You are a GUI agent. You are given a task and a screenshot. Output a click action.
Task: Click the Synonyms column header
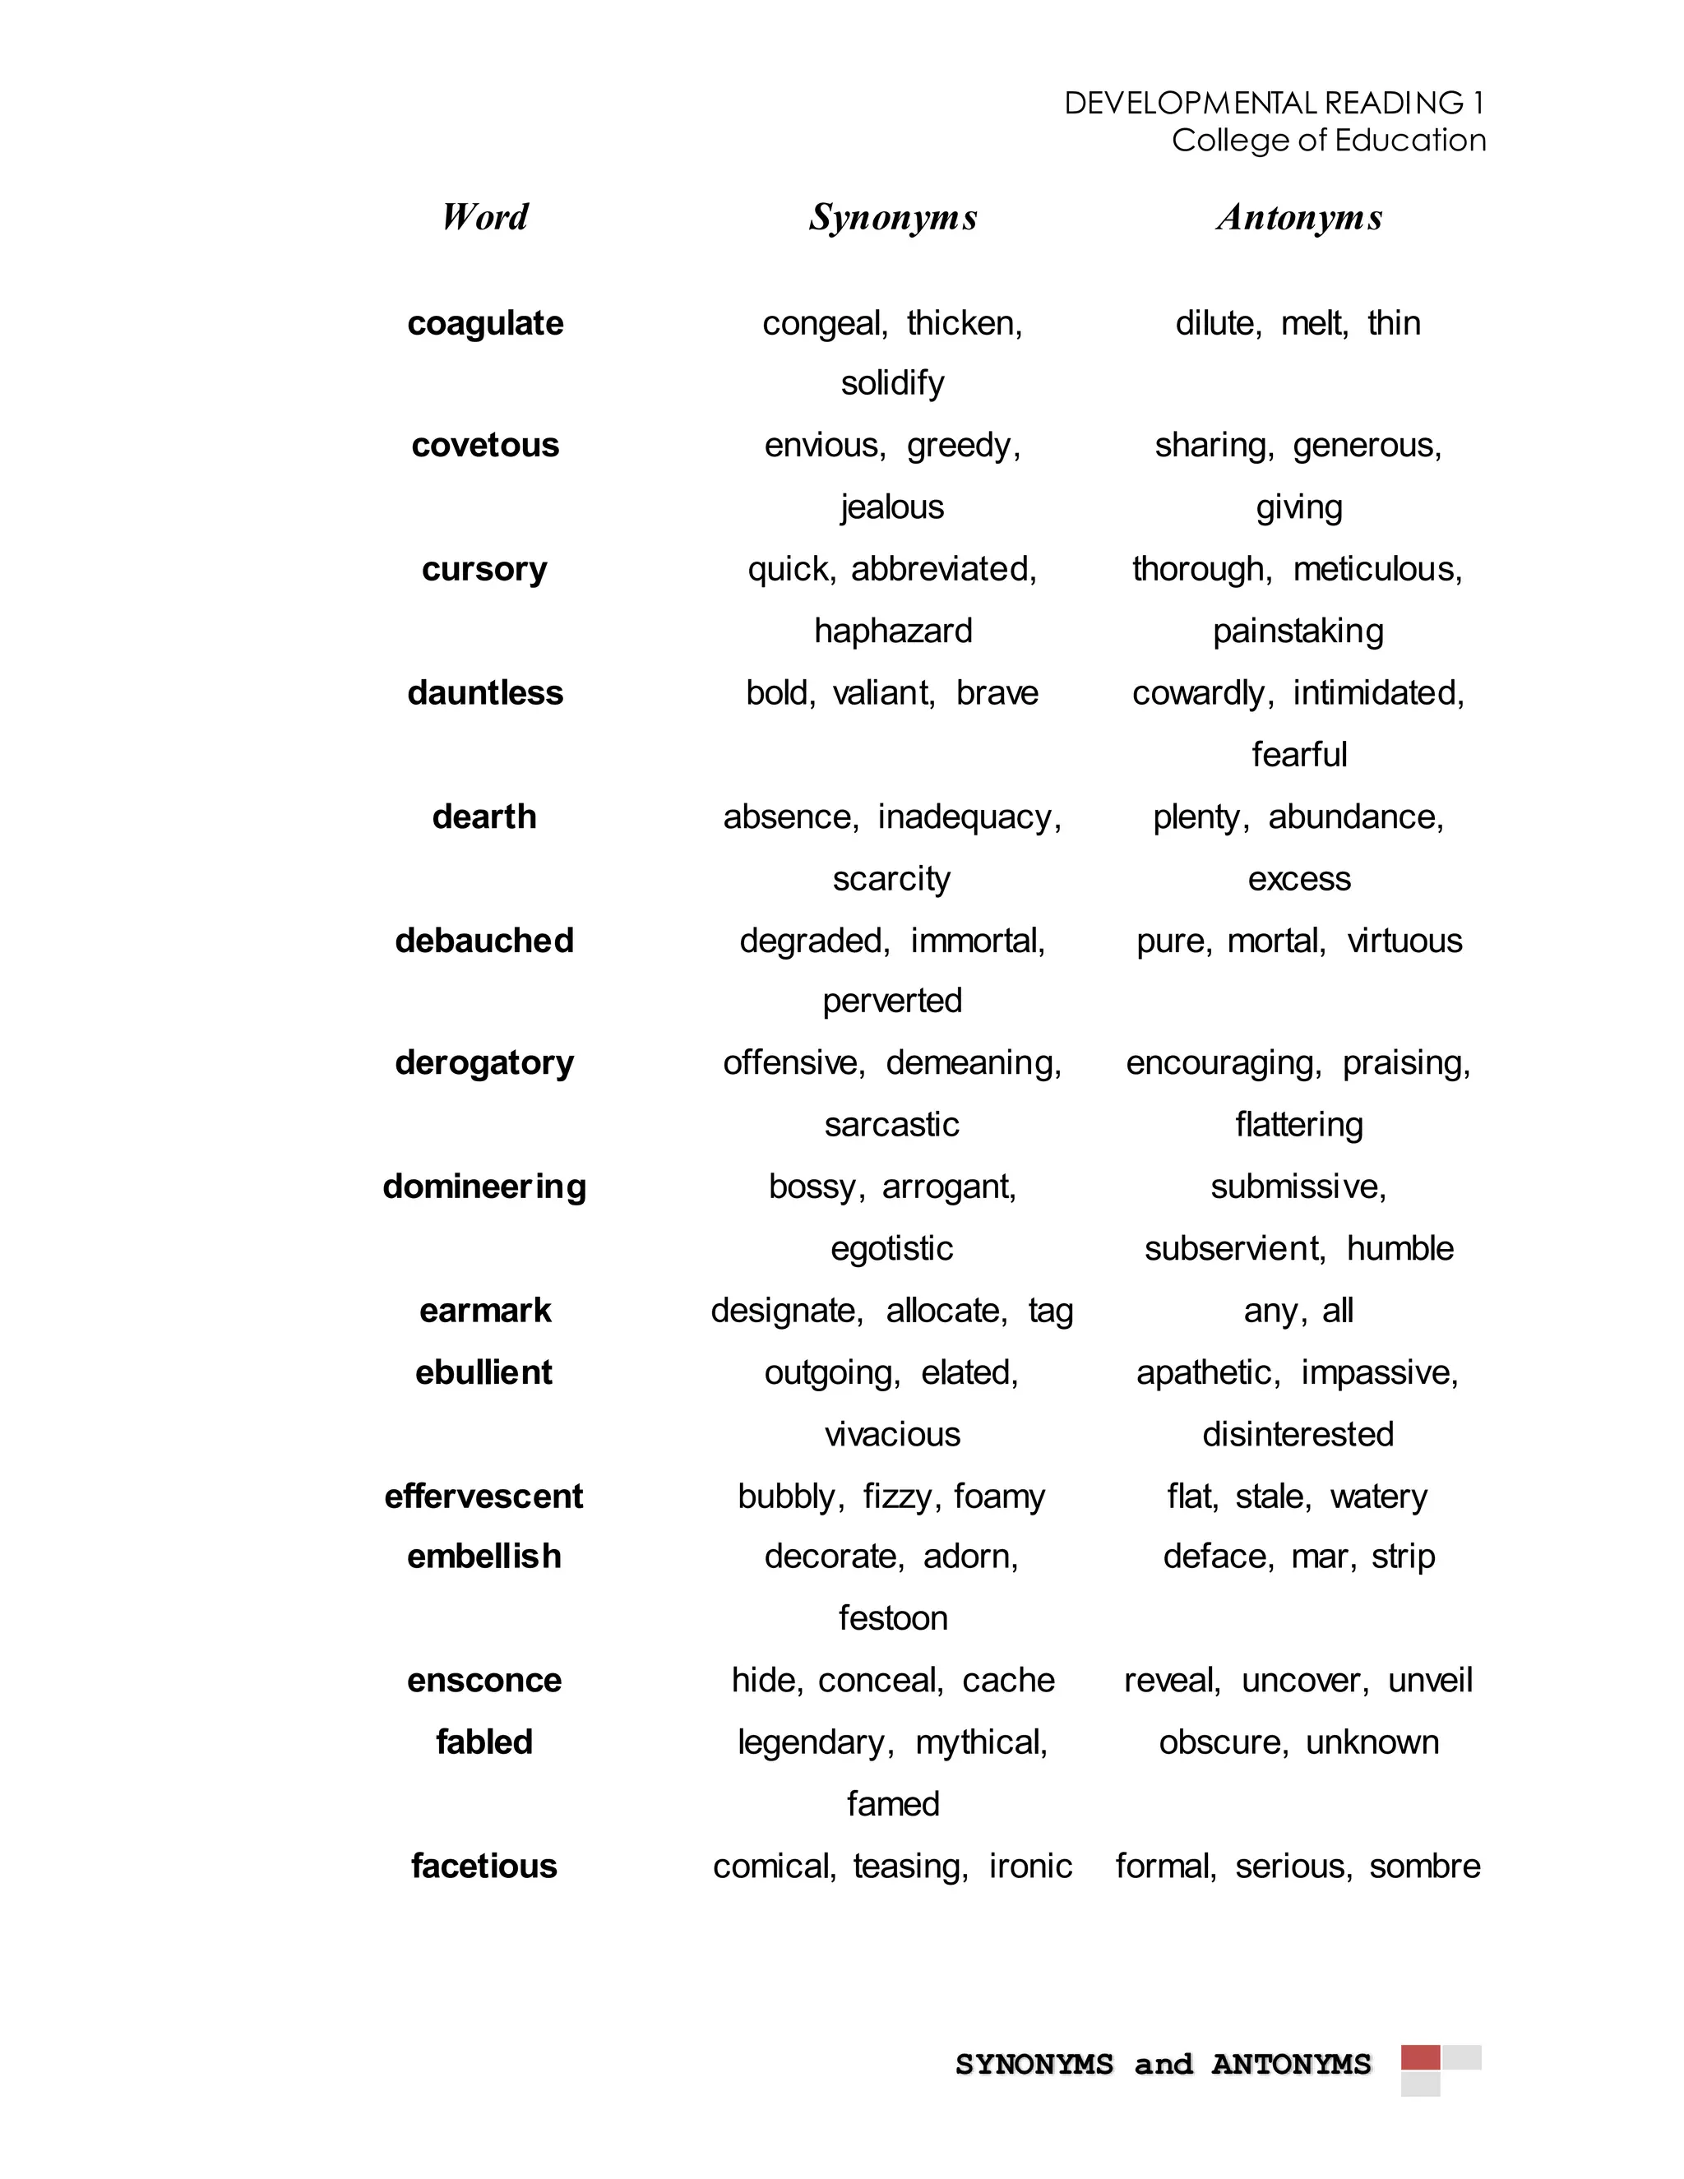(x=893, y=218)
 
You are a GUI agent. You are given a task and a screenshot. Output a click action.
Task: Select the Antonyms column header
(x=1299, y=218)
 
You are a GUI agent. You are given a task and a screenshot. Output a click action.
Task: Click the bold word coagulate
(x=485, y=323)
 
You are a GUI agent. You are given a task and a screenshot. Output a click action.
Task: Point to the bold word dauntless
(x=485, y=692)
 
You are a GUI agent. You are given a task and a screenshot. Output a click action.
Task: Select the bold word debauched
(x=485, y=940)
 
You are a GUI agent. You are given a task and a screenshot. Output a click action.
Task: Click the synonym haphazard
(x=893, y=631)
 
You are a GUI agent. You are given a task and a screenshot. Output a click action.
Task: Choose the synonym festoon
(x=893, y=1617)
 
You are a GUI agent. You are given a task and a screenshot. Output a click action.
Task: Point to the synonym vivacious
(x=893, y=1434)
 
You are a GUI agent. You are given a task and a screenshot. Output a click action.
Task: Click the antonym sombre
(x=1425, y=1866)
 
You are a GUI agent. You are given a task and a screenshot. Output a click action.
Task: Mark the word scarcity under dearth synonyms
(x=892, y=878)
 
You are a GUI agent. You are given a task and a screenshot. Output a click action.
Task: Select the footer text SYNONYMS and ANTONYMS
(x=1164, y=2063)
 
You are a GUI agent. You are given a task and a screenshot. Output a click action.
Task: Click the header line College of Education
(x=1329, y=140)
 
